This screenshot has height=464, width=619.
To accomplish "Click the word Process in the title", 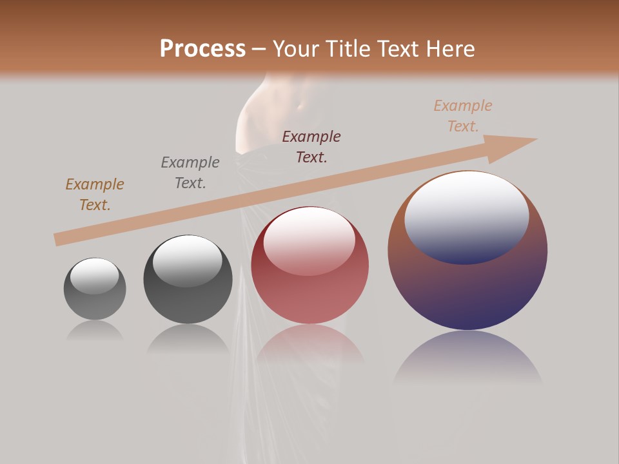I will [x=202, y=49].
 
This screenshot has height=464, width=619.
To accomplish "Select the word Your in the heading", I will [x=297, y=49].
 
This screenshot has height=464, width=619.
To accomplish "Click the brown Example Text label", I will [x=95, y=195].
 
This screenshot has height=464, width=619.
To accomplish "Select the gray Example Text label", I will [x=190, y=173].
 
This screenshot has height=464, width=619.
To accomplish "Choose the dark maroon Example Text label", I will [x=311, y=147].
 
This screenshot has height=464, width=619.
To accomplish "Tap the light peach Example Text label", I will [x=463, y=116].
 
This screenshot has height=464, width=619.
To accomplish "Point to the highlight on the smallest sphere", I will [x=94, y=276].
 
